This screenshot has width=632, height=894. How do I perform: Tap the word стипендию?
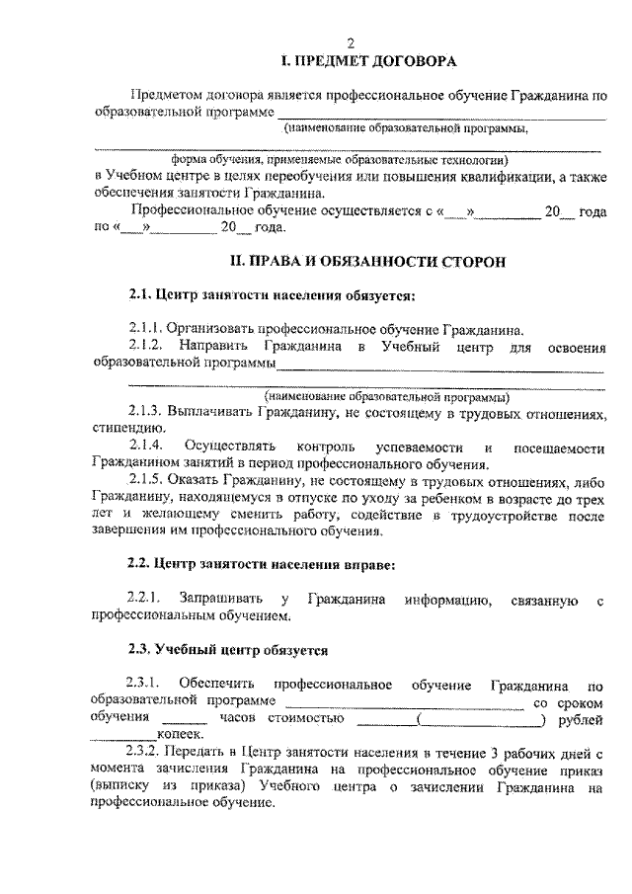(x=123, y=429)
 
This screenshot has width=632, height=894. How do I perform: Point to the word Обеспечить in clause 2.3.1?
(x=217, y=685)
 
